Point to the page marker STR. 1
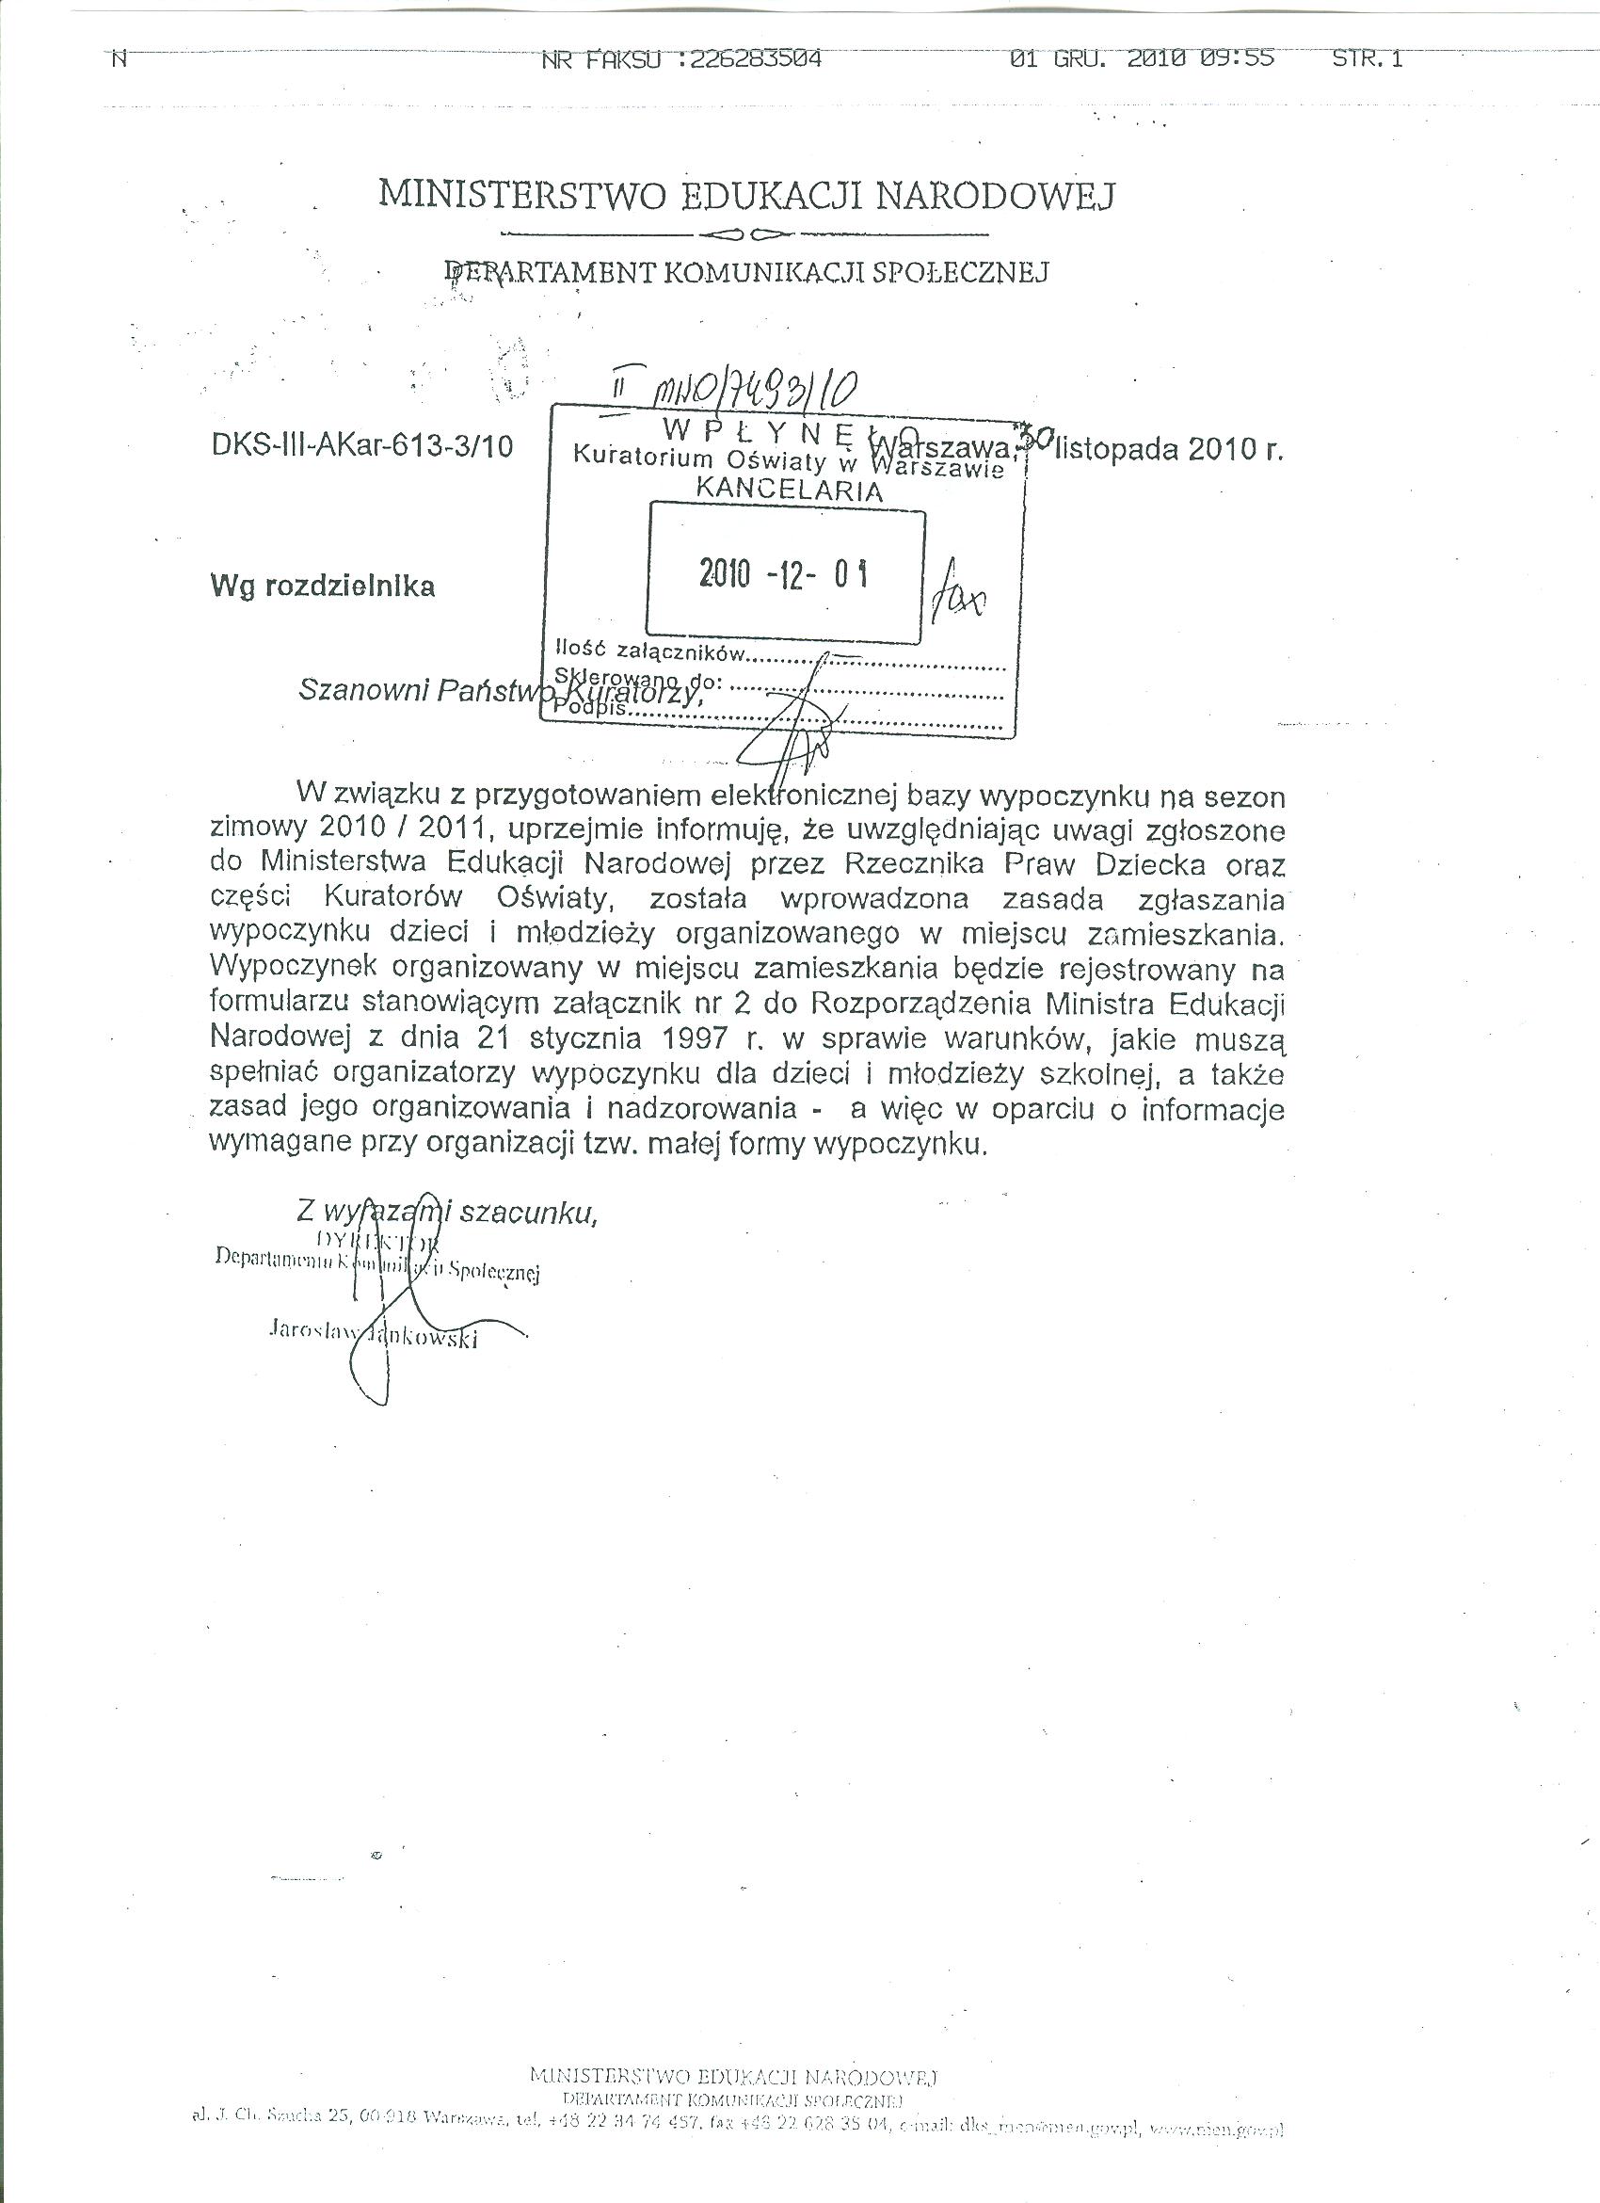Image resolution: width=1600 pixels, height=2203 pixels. click(x=1367, y=59)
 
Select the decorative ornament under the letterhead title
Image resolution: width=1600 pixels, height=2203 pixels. click(x=744, y=234)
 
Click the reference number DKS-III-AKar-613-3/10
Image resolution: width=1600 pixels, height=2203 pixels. click(x=362, y=446)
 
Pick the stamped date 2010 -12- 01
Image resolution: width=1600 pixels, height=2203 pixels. click(x=783, y=574)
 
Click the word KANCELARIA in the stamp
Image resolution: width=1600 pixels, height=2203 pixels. click(x=791, y=490)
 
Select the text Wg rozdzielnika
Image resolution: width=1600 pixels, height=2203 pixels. click(x=322, y=586)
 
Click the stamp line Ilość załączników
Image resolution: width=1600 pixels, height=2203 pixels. click(x=650, y=651)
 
